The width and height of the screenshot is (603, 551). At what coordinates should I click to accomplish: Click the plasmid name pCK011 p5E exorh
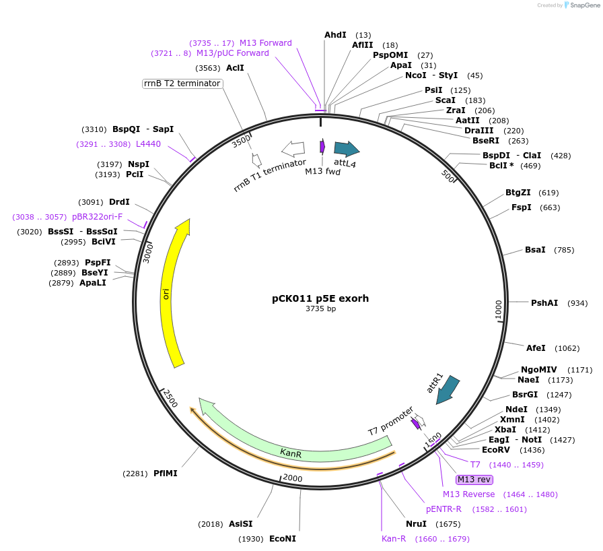coord(320,298)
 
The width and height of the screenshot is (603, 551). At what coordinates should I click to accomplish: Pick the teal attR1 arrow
coord(447,390)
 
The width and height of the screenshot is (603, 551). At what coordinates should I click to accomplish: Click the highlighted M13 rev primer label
coord(474,480)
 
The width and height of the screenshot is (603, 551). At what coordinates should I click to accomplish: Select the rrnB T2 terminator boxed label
coord(182,84)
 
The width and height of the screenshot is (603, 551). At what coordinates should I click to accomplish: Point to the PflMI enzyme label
coord(166,474)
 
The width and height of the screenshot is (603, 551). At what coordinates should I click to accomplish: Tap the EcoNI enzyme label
coord(283,539)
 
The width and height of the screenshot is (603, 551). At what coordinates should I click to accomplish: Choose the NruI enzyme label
coord(416,524)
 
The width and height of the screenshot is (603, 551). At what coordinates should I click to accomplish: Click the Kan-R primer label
coord(394,539)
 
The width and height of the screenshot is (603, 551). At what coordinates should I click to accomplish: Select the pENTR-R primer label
coord(444,509)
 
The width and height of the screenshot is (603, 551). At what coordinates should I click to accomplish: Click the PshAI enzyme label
coord(544,303)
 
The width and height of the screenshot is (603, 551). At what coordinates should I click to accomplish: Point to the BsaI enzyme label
coord(535,250)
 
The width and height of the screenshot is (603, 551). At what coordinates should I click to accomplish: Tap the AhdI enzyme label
coord(335,34)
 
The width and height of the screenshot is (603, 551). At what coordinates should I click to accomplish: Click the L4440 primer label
coord(148,143)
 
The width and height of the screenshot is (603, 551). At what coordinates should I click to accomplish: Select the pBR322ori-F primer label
coord(97,217)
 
